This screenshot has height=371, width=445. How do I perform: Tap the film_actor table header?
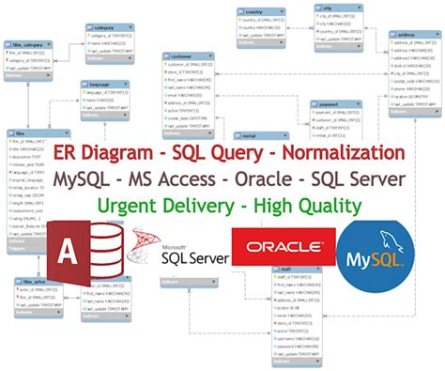32,280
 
